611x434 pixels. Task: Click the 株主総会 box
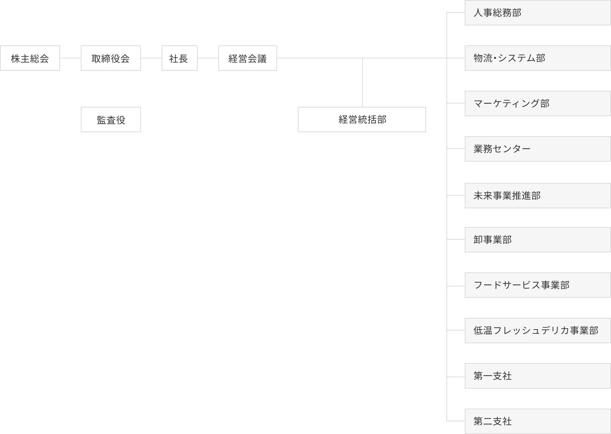pyautogui.click(x=30, y=59)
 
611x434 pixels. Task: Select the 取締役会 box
pyautogui.click(x=111, y=59)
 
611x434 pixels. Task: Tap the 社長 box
pyautogui.click(x=179, y=59)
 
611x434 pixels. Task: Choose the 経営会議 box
pyautogui.click(x=247, y=59)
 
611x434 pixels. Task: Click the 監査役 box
pyautogui.click(x=111, y=120)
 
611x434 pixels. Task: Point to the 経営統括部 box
pyautogui.click(x=362, y=120)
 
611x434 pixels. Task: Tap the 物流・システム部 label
pyautogui.click(x=509, y=58)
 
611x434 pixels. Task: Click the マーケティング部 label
pyautogui.click(x=511, y=103)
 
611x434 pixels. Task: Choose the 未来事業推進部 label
pyautogui.click(x=507, y=196)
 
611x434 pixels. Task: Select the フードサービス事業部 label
pyautogui.click(x=521, y=285)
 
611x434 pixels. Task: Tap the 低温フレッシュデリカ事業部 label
pyautogui.click(x=536, y=331)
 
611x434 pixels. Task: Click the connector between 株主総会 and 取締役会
pyautogui.click(x=71, y=58)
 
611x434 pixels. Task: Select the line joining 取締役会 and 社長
pyautogui.click(x=151, y=58)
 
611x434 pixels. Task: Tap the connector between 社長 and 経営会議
pyautogui.click(x=207, y=58)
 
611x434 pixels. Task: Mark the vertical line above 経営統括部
pyautogui.click(x=362, y=82)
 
